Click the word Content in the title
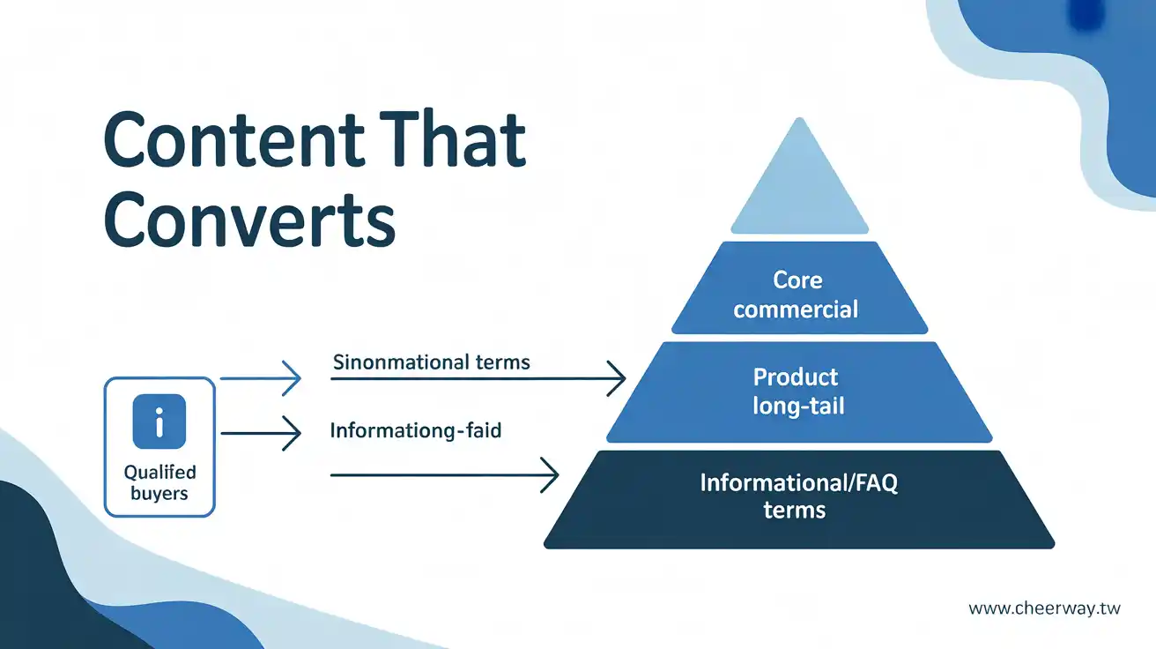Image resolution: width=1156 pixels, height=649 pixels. (233, 139)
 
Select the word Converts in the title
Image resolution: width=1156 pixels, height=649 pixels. (249, 220)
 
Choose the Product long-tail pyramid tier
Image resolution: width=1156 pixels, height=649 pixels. (799, 392)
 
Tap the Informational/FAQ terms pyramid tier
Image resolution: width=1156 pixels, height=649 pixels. (799, 499)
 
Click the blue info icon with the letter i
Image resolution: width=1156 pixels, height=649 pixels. (159, 421)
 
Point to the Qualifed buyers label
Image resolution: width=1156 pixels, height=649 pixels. (159, 482)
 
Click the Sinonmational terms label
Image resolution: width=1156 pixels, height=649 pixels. (432, 362)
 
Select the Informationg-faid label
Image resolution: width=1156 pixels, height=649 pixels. (416, 430)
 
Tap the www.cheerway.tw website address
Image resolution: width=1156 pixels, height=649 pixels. (1044, 608)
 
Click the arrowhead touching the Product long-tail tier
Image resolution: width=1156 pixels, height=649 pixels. (617, 378)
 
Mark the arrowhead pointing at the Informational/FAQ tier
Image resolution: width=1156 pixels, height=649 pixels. (550, 474)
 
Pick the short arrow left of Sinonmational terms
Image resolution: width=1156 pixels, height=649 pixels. (261, 378)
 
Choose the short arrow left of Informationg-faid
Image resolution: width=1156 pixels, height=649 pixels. (261, 433)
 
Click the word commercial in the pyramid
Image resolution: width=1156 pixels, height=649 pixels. (796, 310)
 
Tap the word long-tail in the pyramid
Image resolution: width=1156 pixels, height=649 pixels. (798, 406)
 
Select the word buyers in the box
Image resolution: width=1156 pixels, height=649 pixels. (159, 494)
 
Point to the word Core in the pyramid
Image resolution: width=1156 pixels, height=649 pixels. (798, 280)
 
